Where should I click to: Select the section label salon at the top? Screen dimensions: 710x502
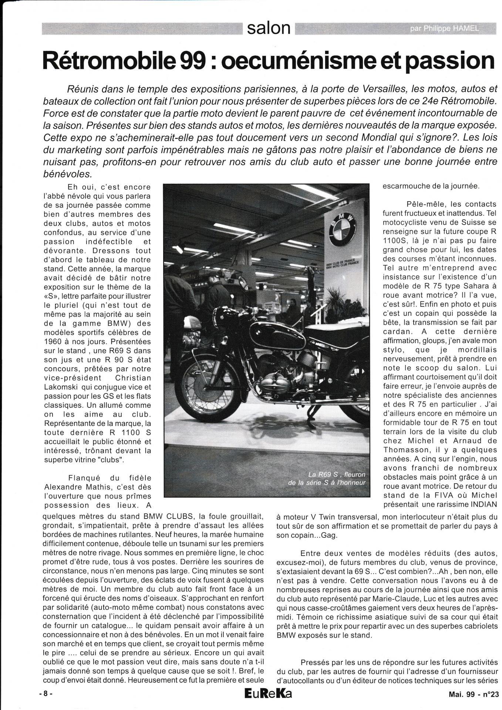click(x=269, y=28)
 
